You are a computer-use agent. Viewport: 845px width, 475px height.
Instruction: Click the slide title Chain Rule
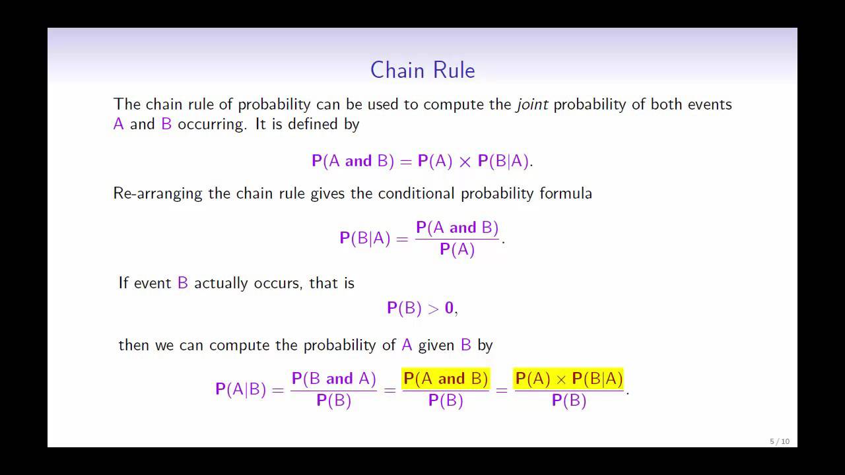(422, 70)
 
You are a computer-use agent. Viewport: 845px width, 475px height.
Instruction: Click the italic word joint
(532, 104)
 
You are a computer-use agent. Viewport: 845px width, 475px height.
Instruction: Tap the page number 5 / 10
(779, 441)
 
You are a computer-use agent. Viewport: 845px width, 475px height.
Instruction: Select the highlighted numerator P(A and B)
(446, 379)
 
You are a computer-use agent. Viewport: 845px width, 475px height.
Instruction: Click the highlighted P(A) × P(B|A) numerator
(568, 379)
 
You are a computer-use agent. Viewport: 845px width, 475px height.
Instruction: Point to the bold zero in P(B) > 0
(449, 308)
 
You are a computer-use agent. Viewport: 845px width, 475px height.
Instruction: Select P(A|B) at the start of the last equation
(240, 389)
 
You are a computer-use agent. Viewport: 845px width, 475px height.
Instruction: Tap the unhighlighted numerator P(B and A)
(333, 379)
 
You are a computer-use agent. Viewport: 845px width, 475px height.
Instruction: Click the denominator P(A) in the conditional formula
(457, 249)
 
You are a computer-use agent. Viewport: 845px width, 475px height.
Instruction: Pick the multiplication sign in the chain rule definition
(465, 162)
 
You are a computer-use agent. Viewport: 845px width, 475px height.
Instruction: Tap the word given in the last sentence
(436, 345)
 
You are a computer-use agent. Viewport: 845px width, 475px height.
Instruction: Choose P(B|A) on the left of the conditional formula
(364, 238)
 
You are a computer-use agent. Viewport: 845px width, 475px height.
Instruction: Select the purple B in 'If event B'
(183, 283)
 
